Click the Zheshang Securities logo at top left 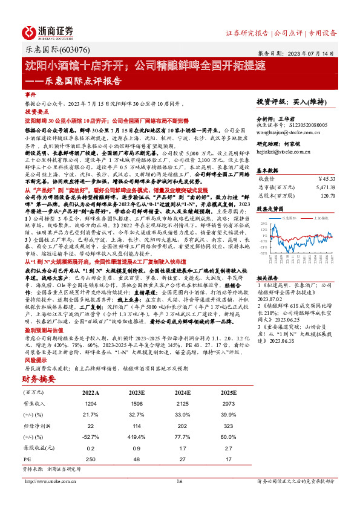(x=48, y=31)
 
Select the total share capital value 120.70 (x=327, y=196)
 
